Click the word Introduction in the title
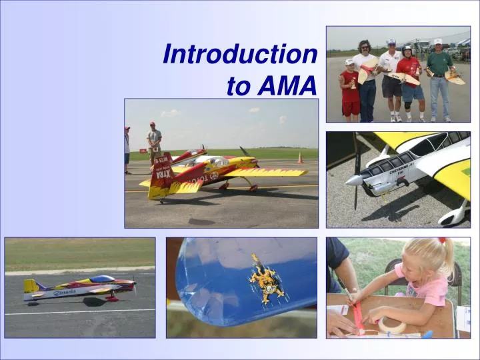(240, 54)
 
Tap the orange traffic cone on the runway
(300, 158)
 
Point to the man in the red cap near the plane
(155, 141)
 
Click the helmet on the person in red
(407, 49)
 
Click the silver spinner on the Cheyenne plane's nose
(353, 180)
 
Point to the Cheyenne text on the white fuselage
(401, 165)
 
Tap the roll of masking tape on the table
(391, 326)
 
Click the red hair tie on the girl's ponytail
(441, 241)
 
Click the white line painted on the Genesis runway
(80, 311)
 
